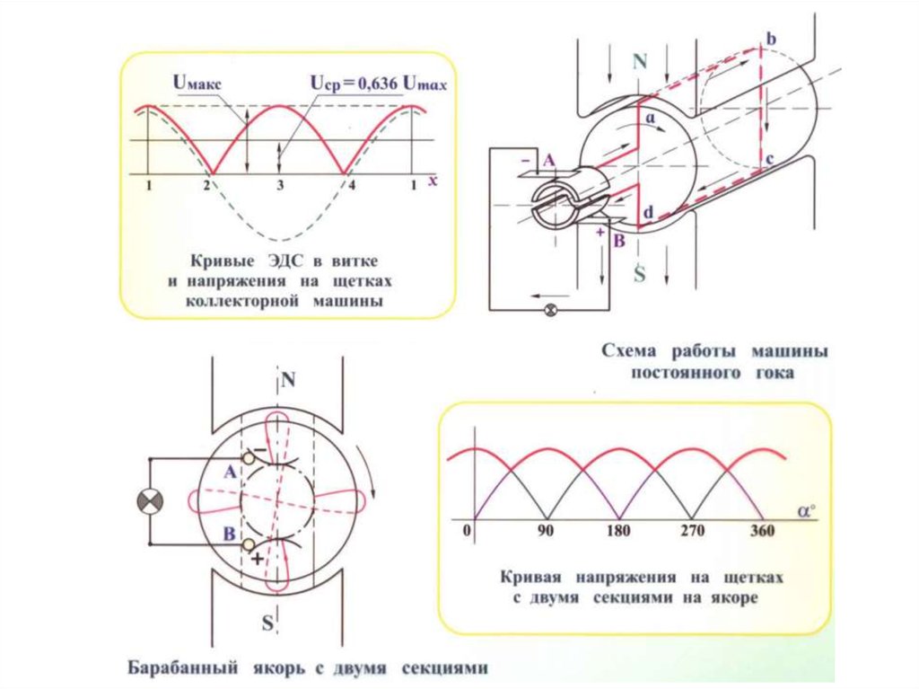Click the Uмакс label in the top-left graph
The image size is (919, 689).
click(197, 84)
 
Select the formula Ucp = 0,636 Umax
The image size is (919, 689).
click(378, 83)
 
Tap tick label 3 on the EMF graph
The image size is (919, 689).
click(279, 185)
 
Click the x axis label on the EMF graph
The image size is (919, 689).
click(432, 181)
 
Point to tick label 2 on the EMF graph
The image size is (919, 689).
click(207, 185)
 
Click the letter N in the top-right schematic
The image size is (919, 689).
click(639, 61)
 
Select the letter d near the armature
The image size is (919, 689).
click(647, 214)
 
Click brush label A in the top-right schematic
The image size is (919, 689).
click(549, 159)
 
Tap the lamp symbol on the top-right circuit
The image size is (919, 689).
click(552, 311)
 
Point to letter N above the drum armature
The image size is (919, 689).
click(288, 381)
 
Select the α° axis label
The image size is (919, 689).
click(806, 511)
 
